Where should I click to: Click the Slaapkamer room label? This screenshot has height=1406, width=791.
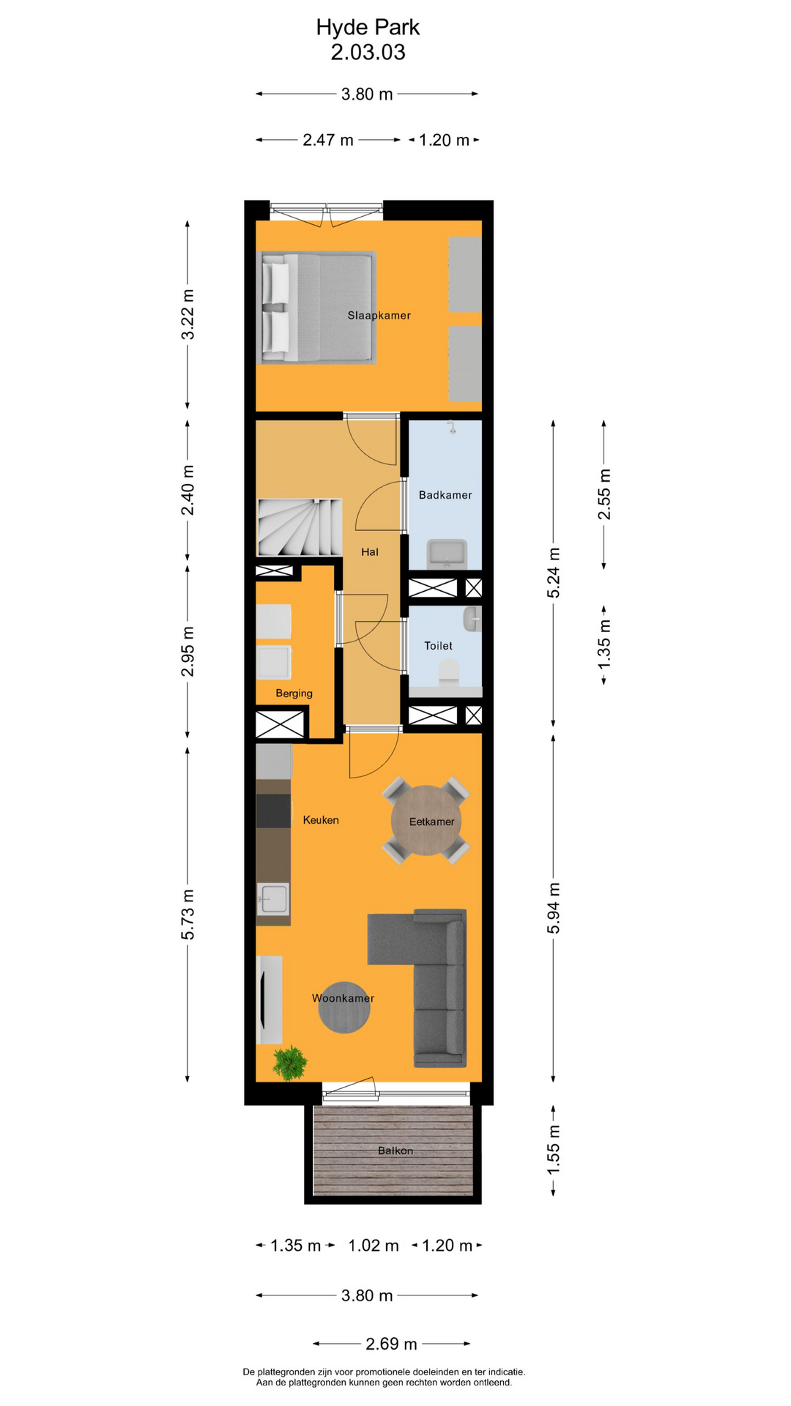[x=379, y=316]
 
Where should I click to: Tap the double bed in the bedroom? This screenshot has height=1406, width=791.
[x=319, y=308]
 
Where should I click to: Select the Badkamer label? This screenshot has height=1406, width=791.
[x=445, y=495]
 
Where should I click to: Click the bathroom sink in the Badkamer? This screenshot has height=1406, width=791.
[x=447, y=553]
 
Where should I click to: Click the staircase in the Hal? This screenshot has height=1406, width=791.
[x=299, y=527]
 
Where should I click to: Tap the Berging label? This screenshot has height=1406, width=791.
[x=294, y=693]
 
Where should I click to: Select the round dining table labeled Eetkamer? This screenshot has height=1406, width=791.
[x=426, y=820]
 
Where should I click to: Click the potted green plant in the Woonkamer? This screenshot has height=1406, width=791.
[x=290, y=1063]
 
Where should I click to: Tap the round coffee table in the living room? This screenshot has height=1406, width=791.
[x=344, y=1008]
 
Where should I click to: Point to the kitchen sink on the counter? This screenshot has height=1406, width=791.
[x=273, y=899]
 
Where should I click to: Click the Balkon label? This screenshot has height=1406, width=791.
[x=395, y=1150]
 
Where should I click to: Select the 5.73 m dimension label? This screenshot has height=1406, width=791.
[x=188, y=914]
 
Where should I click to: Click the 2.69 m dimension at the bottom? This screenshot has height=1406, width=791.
[x=391, y=1344]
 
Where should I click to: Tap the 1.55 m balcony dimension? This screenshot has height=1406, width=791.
[x=554, y=1150]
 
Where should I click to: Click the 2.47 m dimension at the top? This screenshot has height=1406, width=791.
[x=328, y=140]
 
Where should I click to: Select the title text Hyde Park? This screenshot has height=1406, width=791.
[x=368, y=27]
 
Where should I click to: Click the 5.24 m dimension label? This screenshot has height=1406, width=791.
[x=554, y=573]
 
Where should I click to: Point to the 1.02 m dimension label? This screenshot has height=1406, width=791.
[x=374, y=1246]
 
